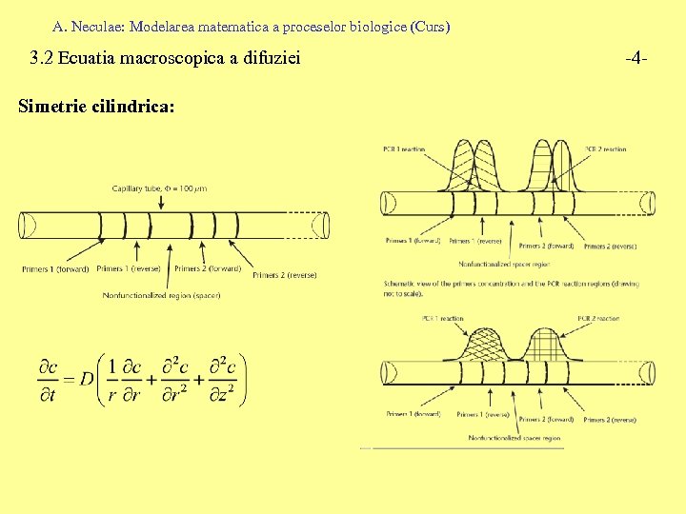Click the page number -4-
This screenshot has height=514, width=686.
(x=637, y=59)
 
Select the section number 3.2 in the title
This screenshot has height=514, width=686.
(x=41, y=59)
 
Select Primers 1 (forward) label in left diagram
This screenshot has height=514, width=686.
(x=55, y=269)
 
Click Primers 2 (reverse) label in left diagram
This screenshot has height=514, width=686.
(x=284, y=275)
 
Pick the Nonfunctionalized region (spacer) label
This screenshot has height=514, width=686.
(x=162, y=295)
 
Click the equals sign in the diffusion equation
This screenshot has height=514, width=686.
(x=68, y=379)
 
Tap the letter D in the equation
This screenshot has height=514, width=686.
(x=87, y=379)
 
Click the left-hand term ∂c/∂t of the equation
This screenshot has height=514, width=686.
(x=47, y=379)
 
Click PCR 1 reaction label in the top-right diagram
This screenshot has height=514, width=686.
(x=403, y=149)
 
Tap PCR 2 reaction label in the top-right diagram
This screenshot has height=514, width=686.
(x=605, y=149)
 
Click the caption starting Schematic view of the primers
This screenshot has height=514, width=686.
(x=511, y=288)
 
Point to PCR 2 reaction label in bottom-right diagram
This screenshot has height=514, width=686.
(x=597, y=319)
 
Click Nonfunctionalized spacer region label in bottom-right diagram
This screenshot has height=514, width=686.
(x=514, y=438)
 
